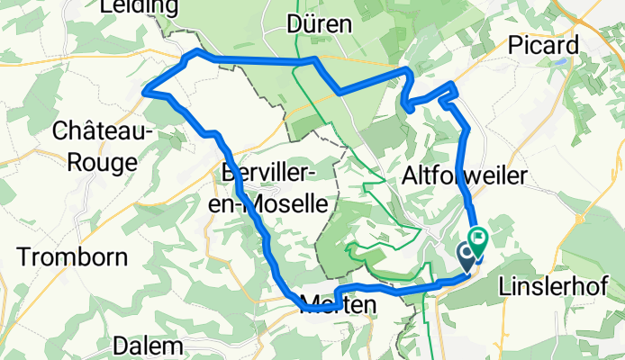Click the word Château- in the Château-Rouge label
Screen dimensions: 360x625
click(x=104, y=131)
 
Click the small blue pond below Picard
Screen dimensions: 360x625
click(x=559, y=65)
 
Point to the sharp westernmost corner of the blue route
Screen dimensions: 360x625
click(x=146, y=88)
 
